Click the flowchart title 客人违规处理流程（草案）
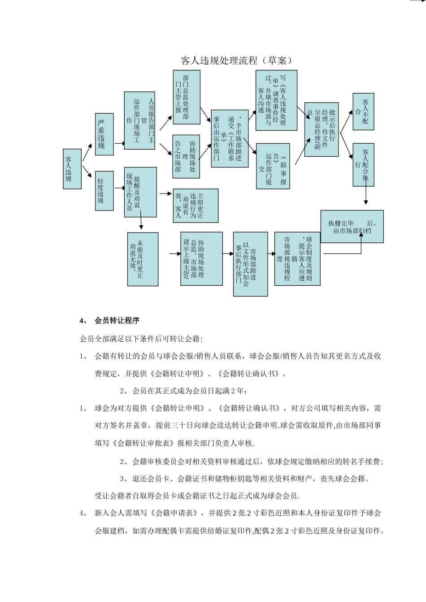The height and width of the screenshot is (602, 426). click(x=236, y=60)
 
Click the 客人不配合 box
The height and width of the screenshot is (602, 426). click(x=363, y=112)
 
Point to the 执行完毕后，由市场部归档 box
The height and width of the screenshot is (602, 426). click(x=352, y=227)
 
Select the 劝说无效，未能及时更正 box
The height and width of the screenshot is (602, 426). click(x=143, y=259)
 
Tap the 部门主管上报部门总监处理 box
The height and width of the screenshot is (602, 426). click(x=186, y=97)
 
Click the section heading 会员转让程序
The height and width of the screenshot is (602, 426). click(x=117, y=321)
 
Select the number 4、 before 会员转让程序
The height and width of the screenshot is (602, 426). click(x=84, y=321)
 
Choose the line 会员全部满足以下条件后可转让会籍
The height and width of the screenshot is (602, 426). click(x=141, y=339)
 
